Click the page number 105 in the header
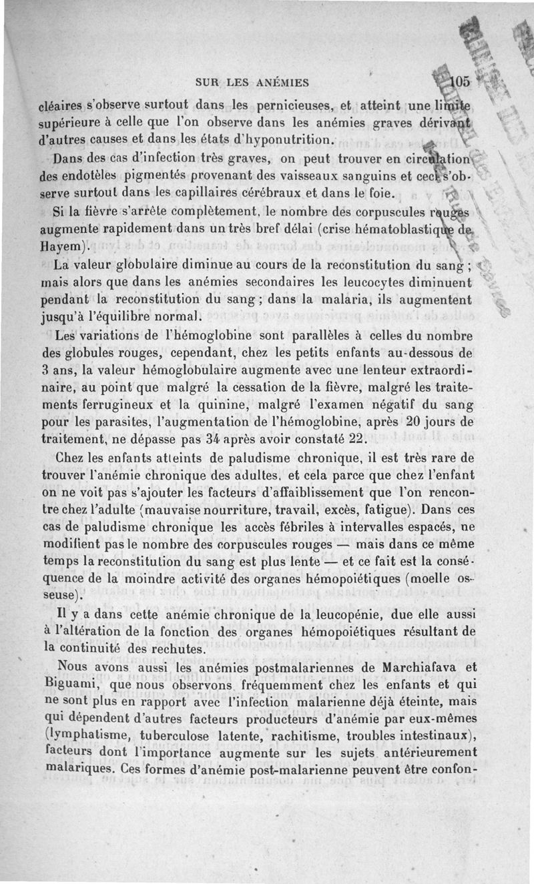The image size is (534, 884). [460, 82]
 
